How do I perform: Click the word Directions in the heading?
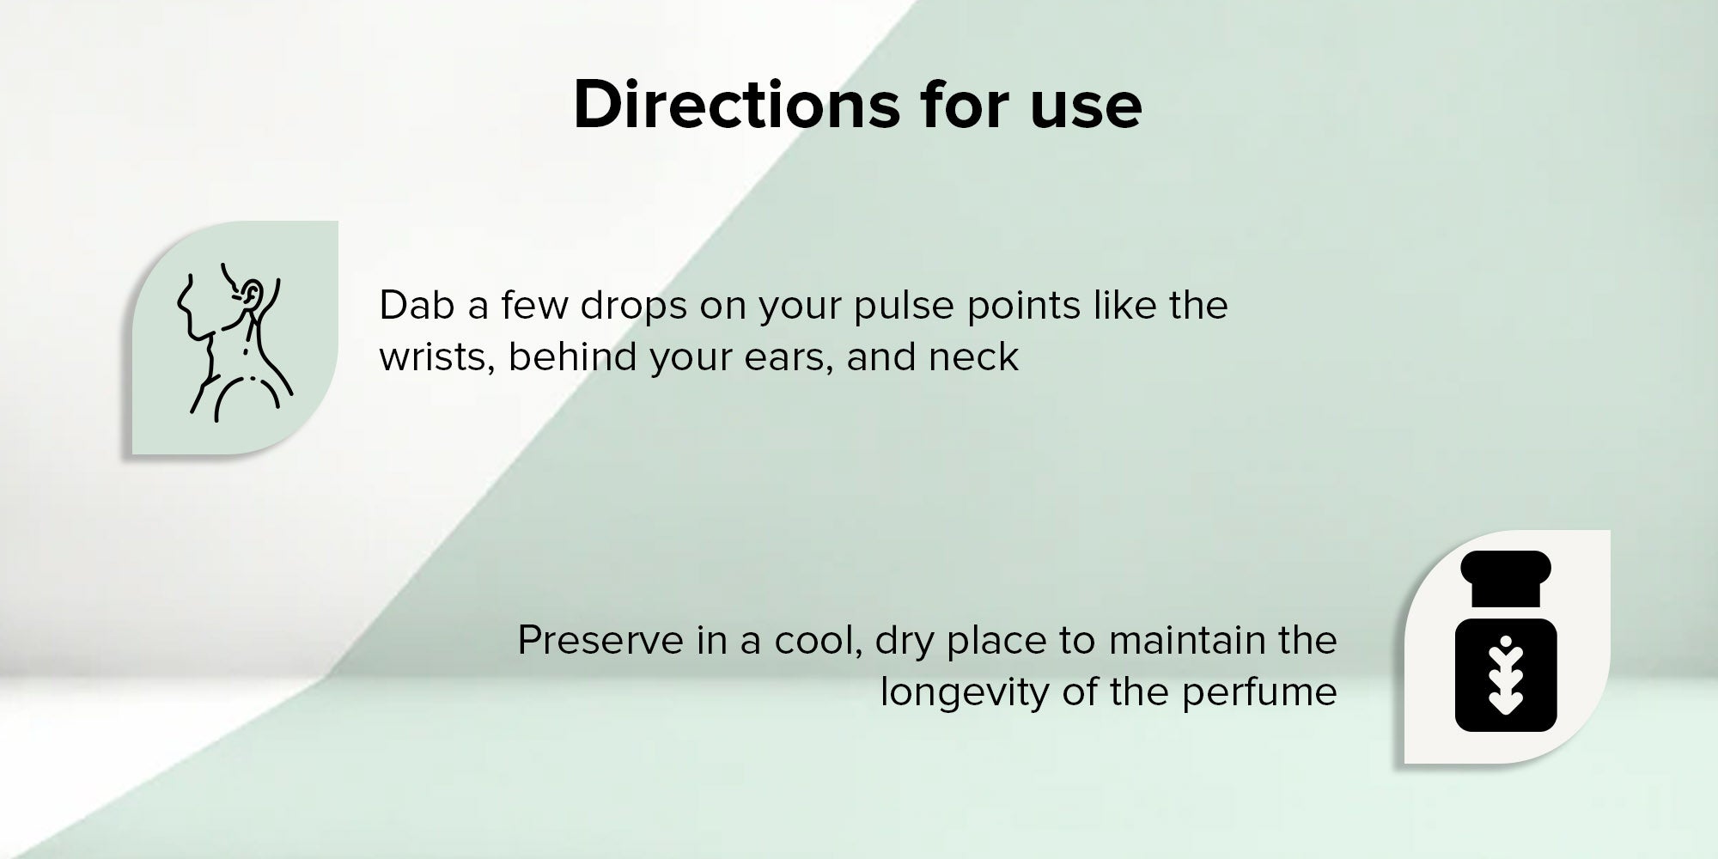point(737,105)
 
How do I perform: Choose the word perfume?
point(1259,693)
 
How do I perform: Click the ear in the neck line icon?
point(250,295)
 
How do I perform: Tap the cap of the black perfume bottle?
point(1506,578)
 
